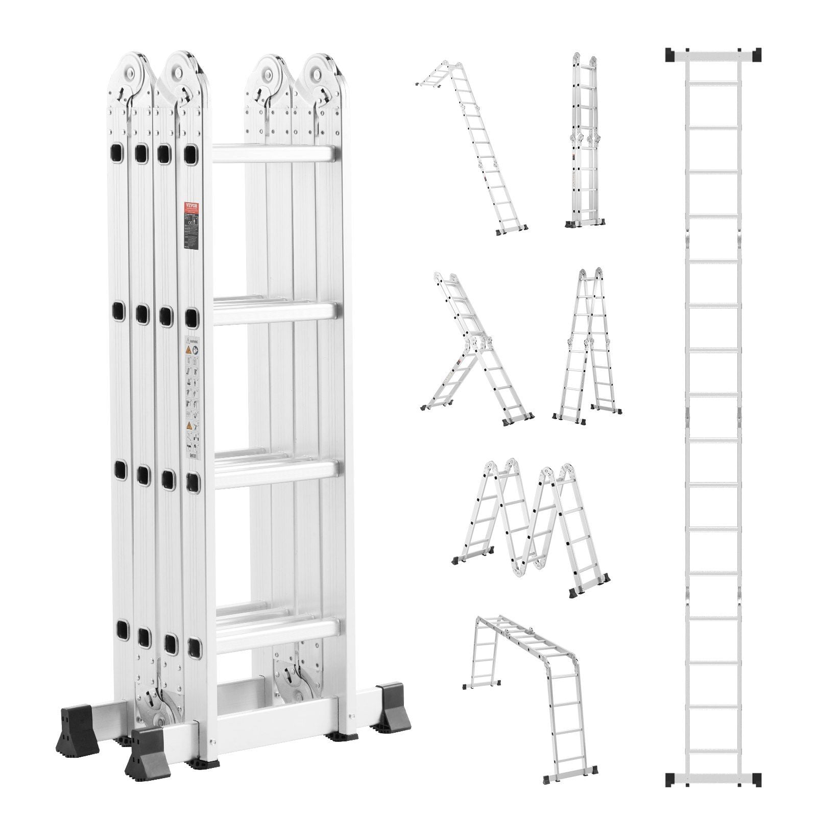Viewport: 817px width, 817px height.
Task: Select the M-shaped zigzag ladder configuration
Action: tap(531, 505)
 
